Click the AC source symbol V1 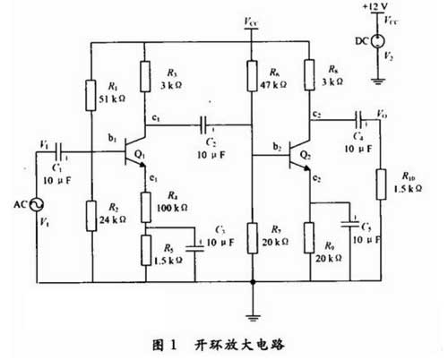coord(38,206)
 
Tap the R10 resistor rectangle coord(380,184)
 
